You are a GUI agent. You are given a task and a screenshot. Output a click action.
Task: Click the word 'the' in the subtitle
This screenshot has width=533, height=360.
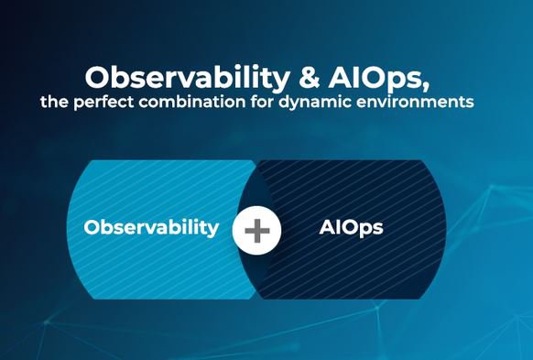click(53, 102)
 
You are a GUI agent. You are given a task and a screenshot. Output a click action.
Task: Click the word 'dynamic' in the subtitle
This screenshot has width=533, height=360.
click(321, 103)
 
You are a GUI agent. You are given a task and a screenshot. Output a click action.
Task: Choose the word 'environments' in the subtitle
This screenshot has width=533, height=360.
click(422, 102)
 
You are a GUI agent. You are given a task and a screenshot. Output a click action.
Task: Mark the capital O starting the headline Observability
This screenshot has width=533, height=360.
click(97, 75)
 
